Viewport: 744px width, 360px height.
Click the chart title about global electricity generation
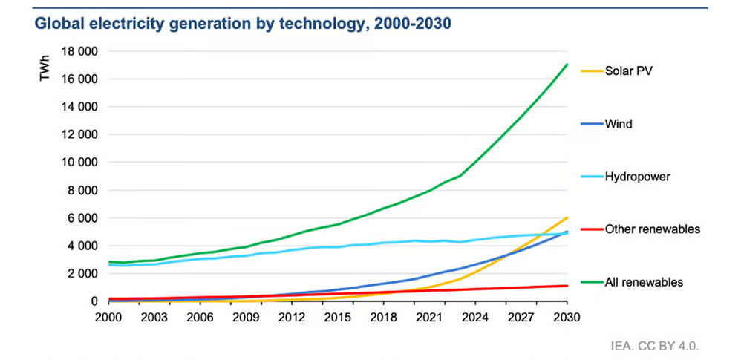(x=243, y=24)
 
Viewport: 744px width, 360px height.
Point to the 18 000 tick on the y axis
(x=78, y=51)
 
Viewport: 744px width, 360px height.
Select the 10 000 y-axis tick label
(x=78, y=162)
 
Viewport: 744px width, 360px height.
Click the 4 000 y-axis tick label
(x=81, y=246)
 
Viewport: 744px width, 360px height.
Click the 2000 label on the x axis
(x=109, y=317)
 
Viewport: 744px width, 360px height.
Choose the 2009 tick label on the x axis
(x=246, y=317)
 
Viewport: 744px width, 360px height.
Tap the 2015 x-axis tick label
(x=338, y=317)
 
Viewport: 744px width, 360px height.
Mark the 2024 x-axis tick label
(x=475, y=317)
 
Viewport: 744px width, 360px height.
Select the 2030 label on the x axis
(x=567, y=317)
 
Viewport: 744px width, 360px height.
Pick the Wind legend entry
(x=619, y=124)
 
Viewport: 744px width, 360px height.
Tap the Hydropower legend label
(x=636, y=177)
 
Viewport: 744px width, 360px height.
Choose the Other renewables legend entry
(x=653, y=229)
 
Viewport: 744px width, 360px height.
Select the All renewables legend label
(x=645, y=282)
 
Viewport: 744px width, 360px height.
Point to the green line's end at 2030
(x=567, y=65)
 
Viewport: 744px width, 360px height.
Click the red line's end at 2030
(x=567, y=286)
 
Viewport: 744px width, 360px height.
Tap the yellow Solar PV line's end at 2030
(x=567, y=217)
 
